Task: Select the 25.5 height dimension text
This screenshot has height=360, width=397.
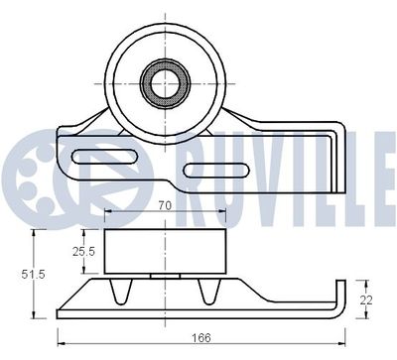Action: [x=83, y=252]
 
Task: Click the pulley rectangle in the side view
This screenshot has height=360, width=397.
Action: [x=163, y=254]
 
